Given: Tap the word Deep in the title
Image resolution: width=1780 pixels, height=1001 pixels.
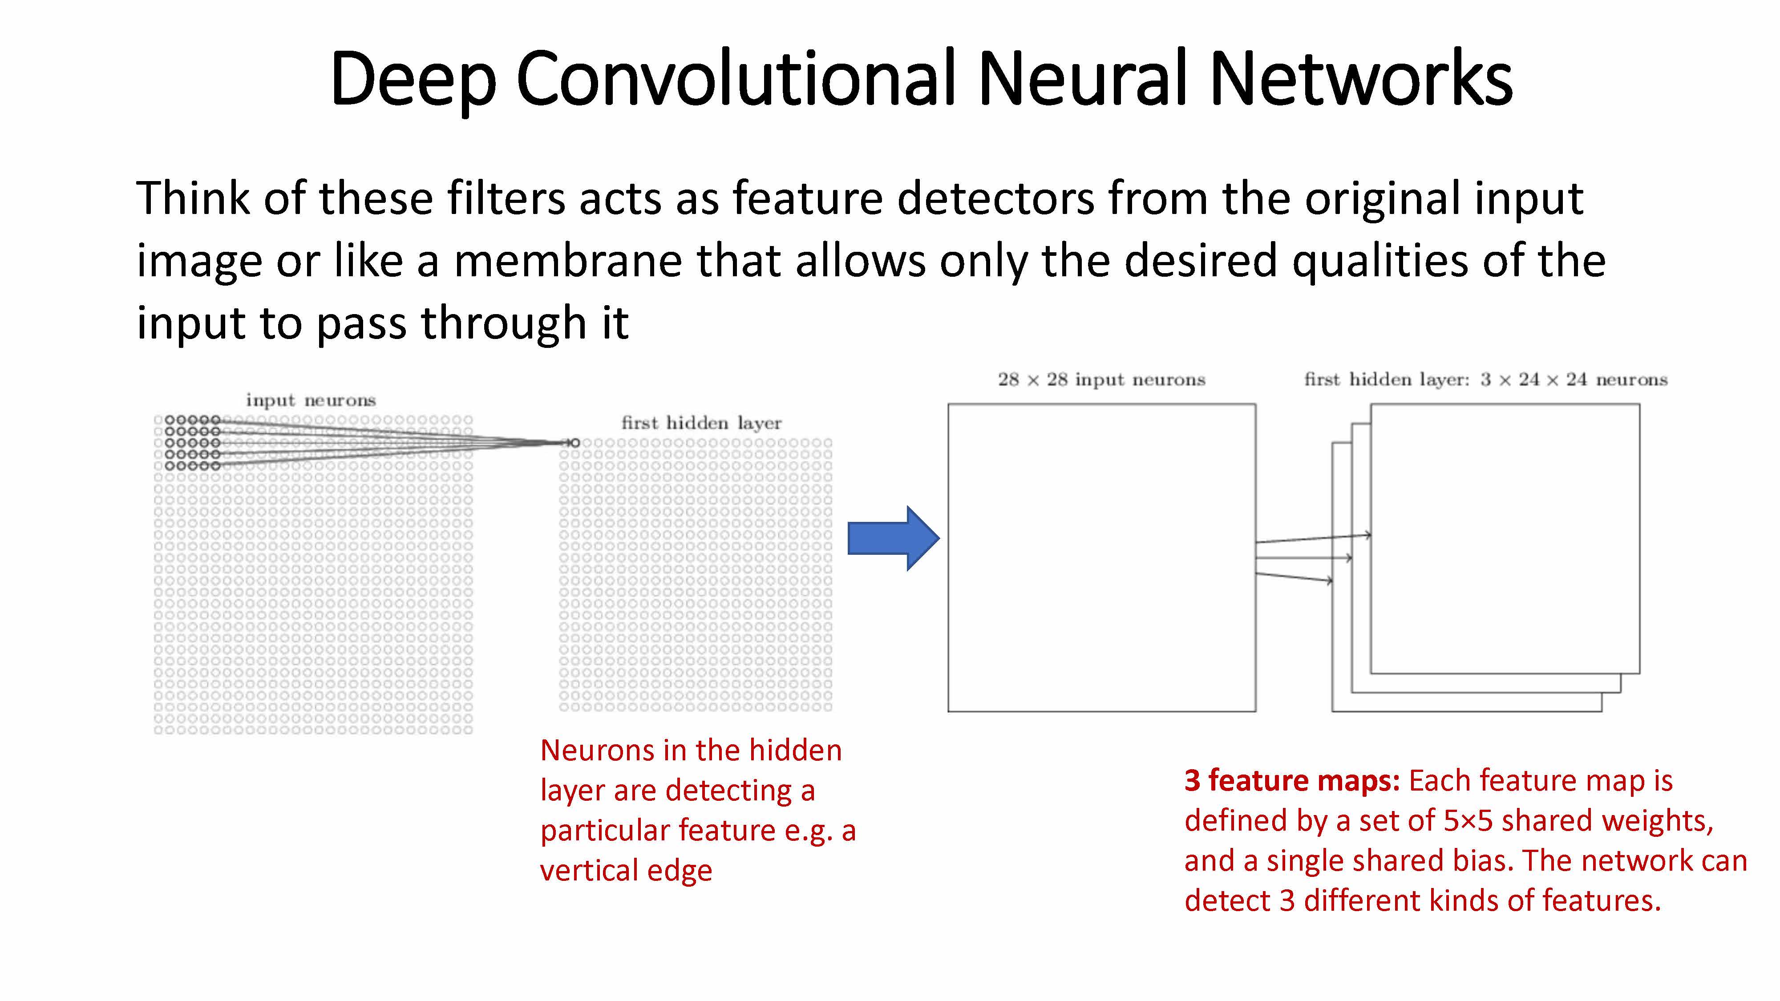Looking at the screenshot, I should [413, 80].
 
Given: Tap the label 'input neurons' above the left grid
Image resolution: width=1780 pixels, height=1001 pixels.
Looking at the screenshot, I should [311, 400].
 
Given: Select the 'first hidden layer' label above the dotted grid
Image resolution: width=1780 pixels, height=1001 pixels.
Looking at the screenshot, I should [701, 423].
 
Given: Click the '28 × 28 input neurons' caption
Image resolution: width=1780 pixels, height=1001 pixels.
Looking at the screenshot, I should [1101, 379].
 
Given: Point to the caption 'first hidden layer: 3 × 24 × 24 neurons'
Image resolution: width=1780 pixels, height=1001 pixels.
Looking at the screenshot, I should [1486, 379].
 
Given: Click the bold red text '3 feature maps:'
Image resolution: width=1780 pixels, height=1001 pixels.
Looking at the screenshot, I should [1291, 781].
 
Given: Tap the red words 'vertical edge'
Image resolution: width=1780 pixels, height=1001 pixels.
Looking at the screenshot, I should [625, 871].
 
